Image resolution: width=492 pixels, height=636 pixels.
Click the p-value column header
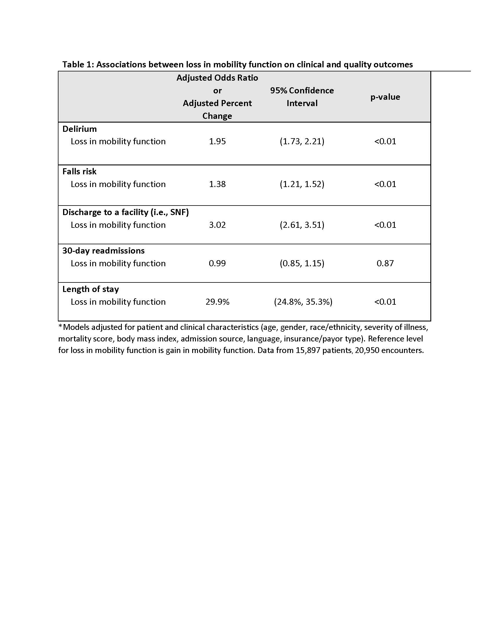click(385, 97)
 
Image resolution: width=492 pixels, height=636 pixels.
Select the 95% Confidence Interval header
click(302, 97)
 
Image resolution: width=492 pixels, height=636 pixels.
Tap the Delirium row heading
click(80, 129)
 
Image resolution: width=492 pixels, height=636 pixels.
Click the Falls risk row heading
click(79, 171)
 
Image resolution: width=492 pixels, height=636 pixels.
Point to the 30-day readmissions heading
click(104, 251)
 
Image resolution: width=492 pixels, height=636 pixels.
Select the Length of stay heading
click(91, 289)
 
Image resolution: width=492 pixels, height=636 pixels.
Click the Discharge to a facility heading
click(126, 212)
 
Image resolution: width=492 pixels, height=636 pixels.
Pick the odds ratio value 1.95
click(217, 142)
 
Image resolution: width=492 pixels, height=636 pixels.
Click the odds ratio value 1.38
click(217, 184)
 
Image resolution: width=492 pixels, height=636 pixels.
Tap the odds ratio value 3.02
click(217, 225)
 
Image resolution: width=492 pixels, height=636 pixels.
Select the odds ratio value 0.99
click(217, 263)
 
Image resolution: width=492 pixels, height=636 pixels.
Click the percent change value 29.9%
click(217, 302)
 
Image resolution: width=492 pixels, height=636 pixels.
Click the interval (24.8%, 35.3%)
click(303, 302)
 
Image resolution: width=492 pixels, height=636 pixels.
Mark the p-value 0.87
click(385, 263)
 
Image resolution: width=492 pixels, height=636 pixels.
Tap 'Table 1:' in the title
click(78, 64)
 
